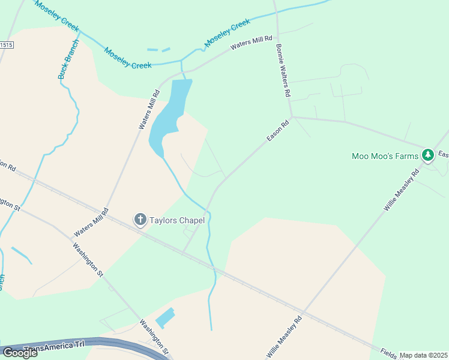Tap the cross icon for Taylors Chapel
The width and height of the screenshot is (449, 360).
tap(140, 220)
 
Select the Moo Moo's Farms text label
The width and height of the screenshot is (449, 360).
tap(384, 157)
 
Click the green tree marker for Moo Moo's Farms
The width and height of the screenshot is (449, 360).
tap(427, 156)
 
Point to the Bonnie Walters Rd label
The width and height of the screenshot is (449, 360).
tap(283, 70)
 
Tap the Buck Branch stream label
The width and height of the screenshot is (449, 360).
tap(68, 59)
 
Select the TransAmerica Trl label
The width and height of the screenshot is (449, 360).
tap(53, 347)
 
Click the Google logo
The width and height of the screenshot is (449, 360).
tap(19, 353)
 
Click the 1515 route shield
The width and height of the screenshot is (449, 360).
tap(6, 45)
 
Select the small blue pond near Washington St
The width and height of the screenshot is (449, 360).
tap(165, 317)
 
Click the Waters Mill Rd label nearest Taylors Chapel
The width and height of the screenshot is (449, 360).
tap(91, 222)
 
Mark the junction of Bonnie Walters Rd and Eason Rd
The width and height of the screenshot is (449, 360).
tap(292, 116)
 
